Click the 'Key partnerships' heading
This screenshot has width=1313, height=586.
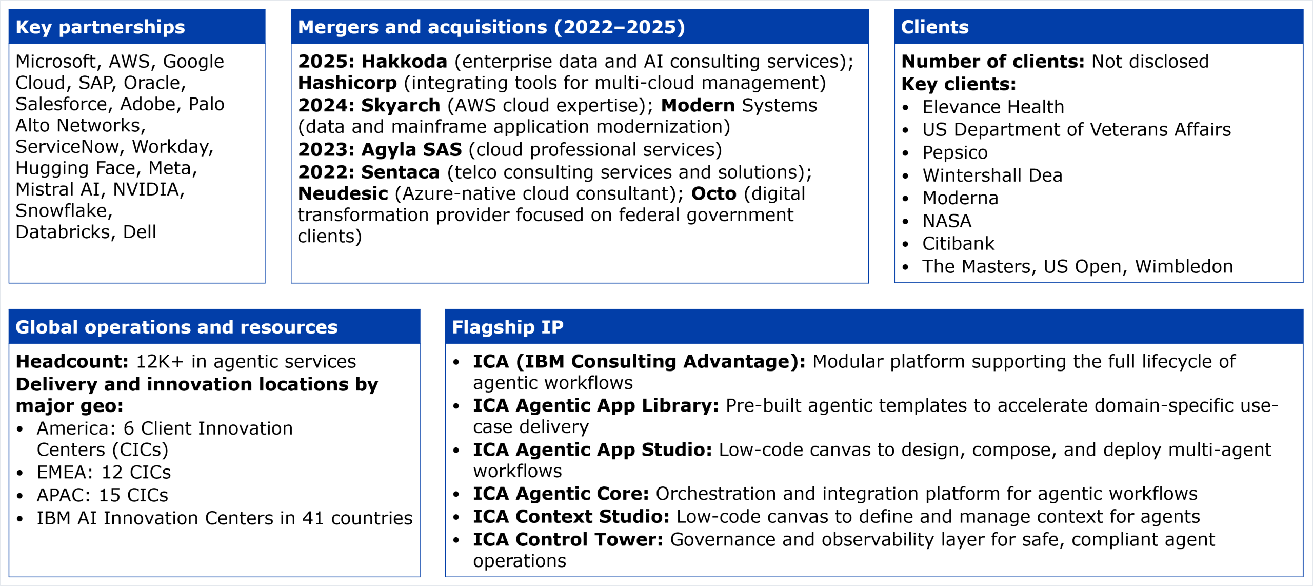100,27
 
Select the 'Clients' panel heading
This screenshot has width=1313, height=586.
934,27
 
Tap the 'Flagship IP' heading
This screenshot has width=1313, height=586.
507,327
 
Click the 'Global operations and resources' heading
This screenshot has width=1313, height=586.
176,327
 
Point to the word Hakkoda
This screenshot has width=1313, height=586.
404,62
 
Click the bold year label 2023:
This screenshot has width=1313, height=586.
326,149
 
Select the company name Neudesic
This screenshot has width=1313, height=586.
343,193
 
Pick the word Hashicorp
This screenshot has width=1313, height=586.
347,83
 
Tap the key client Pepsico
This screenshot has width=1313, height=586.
954,153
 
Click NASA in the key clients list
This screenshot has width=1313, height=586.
947,221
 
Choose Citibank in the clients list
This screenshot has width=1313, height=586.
958,244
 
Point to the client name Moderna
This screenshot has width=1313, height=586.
960,198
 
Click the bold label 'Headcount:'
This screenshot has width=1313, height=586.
72,362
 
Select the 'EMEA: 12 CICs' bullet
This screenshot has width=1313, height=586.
104,473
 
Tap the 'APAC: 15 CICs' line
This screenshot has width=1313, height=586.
102,495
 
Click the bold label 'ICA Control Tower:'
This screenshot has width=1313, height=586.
568,540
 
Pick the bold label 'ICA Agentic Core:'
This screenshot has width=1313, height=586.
561,494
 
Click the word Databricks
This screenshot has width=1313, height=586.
63,232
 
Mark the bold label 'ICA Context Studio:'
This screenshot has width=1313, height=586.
571,517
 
